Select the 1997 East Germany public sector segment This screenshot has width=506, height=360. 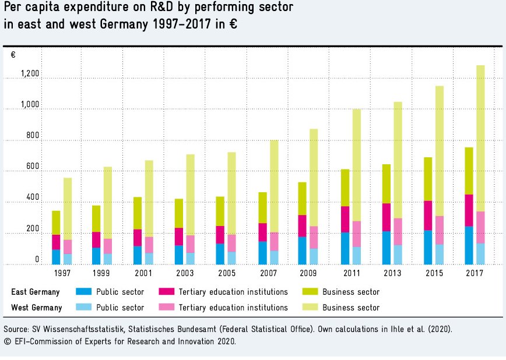coord(56,257)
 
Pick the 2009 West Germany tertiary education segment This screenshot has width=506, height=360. coord(314,237)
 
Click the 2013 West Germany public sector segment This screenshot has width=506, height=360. coord(398,255)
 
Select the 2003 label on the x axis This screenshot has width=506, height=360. coord(186,273)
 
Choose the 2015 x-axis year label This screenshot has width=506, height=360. coord(434,273)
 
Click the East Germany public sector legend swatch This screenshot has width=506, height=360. coord(84,292)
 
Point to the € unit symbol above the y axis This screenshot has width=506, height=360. coord(13,55)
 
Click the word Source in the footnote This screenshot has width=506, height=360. coord(16,329)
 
